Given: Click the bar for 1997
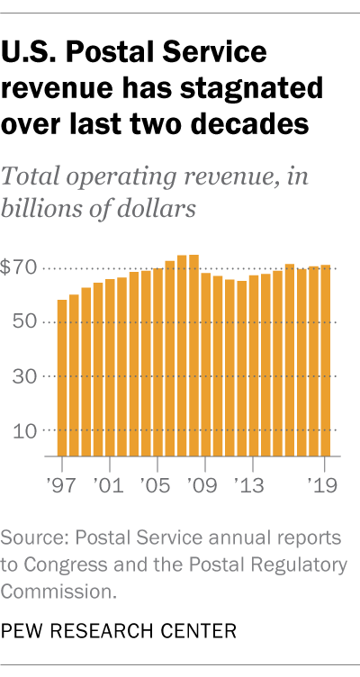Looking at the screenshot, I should pos(62,378).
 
